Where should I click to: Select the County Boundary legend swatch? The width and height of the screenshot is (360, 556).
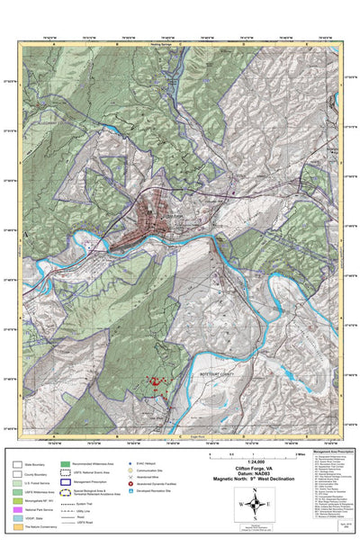[x=17, y=474]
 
